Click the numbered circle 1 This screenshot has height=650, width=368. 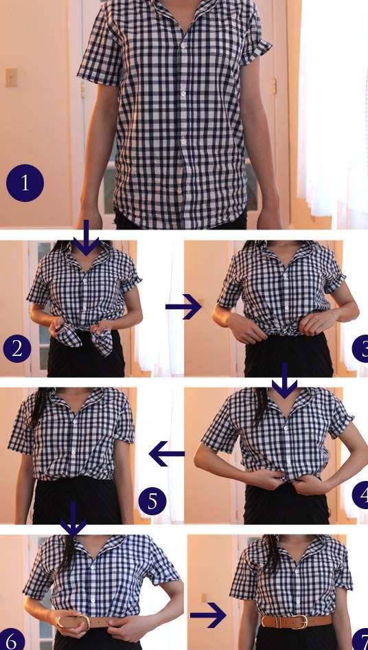(x=25, y=183)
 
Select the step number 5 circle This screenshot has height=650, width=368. (x=152, y=501)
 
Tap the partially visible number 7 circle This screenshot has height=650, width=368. (x=360, y=639)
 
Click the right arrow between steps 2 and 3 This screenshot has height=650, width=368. (x=183, y=306)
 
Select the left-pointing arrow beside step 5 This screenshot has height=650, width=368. (x=167, y=453)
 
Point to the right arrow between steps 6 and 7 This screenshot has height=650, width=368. (x=209, y=615)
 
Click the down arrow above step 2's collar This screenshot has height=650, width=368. (x=87, y=238)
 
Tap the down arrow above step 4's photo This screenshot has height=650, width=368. (x=284, y=381)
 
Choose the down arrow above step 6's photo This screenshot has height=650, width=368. (x=73, y=520)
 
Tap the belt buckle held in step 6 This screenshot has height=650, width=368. (x=83, y=621)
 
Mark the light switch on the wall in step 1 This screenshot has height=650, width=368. (x=11, y=77)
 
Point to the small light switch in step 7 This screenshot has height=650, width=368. (x=203, y=598)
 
